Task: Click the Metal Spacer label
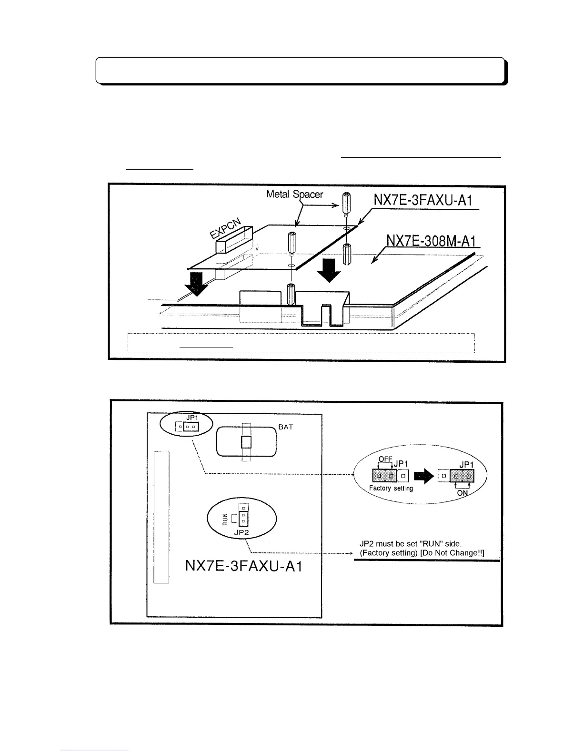[294, 194]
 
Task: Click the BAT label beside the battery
[286, 427]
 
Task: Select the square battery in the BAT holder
[246, 442]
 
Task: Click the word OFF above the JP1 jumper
[385, 459]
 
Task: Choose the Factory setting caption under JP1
[391, 489]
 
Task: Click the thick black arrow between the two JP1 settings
[423, 476]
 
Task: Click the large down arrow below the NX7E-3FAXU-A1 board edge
[329, 270]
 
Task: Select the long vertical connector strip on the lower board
[162, 517]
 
